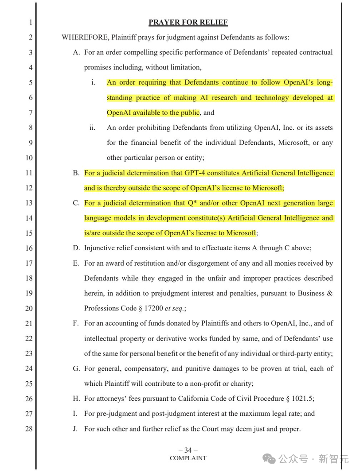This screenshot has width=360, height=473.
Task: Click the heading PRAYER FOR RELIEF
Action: click(x=188, y=23)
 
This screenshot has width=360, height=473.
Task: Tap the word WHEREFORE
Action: click(x=83, y=37)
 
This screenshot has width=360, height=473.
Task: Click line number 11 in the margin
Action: click(x=29, y=173)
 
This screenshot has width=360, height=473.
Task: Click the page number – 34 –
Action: click(x=188, y=450)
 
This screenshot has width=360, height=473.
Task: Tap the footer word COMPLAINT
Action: click(x=188, y=458)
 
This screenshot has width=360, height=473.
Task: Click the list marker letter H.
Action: click(x=76, y=399)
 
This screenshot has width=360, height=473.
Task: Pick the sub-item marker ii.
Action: click(x=92, y=128)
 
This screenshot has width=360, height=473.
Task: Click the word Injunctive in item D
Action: click(x=99, y=248)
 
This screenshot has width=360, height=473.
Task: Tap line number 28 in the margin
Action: click(x=29, y=429)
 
